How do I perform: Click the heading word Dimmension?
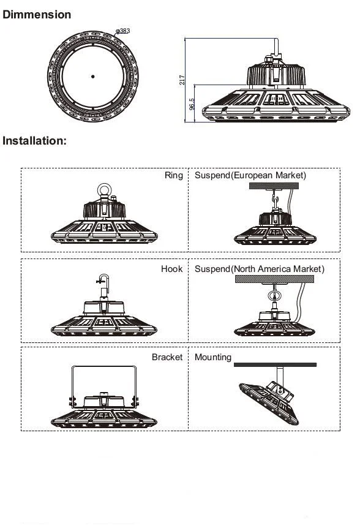click(37, 14)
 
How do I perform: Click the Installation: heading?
click(34, 141)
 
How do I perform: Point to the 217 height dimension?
click(182, 80)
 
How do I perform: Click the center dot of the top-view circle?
click(92, 76)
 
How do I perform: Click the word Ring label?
click(173, 175)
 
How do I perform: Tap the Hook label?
click(171, 269)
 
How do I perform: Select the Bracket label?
click(167, 356)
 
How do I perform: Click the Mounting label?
click(213, 356)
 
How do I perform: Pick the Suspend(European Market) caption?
click(250, 175)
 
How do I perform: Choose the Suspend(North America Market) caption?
click(260, 269)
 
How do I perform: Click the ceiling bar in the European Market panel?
click(274, 187)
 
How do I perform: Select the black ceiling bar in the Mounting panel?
click(274, 364)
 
